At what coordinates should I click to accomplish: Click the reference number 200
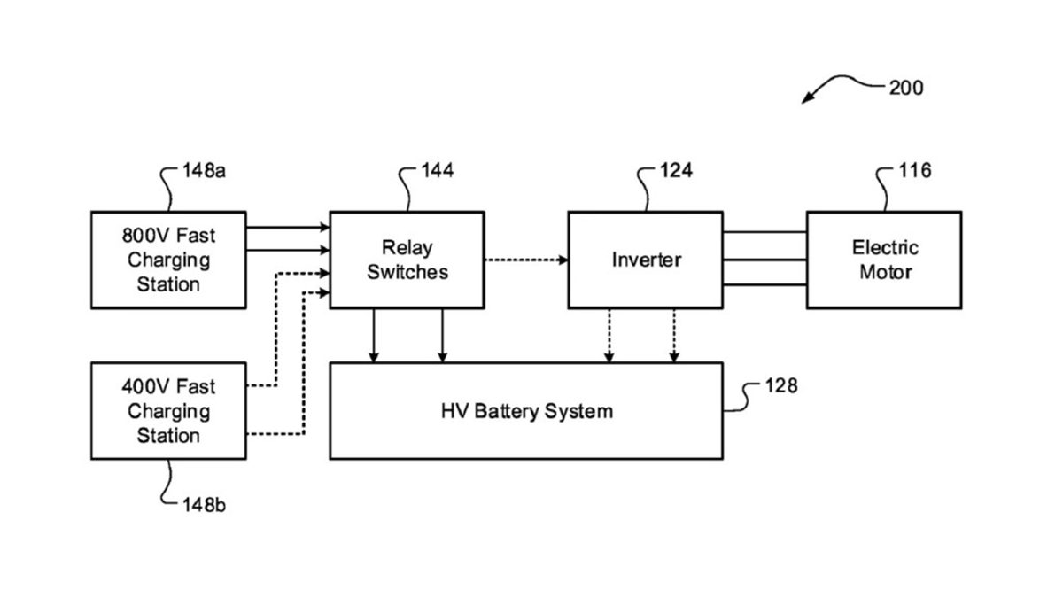pyautogui.click(x=906, y=88)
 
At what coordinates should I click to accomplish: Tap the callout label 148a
pyautogui.click(x=204, y=170)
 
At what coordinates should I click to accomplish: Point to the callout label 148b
pyautogui.click(x=204, y=506)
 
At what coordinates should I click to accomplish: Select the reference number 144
pyautogui.click(x=438, y=170)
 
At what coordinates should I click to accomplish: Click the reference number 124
pyautogui.click(x=676, y=170)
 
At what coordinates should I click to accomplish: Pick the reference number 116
pyautogui.click(x=915, y=170)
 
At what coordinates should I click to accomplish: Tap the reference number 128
pyautogui.click(x=781, y=386)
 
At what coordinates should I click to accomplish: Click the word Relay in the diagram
pyautogui.click(x=407, y=248)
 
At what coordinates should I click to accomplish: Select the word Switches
pyautogui.click(x=407, y=272)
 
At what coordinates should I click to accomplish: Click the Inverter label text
pyautogui.click(x=647, y=260)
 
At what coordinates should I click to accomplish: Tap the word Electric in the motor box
pyautogui.click(x=885, y=248)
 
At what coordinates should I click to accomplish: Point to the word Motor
pyautogui.click(x=886, y=272)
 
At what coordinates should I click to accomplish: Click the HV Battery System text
pyautogui.click(x=527, y=411)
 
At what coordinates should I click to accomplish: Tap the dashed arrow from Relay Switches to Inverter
pyautogui.click(x=526, y=260)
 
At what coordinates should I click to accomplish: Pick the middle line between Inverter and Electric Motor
pyautogui.click(x=764, y=260)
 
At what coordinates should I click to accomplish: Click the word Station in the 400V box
pyautogui.click(x=168, y=436)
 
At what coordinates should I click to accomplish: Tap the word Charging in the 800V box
pyautogui.click(x=168, y=260)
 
